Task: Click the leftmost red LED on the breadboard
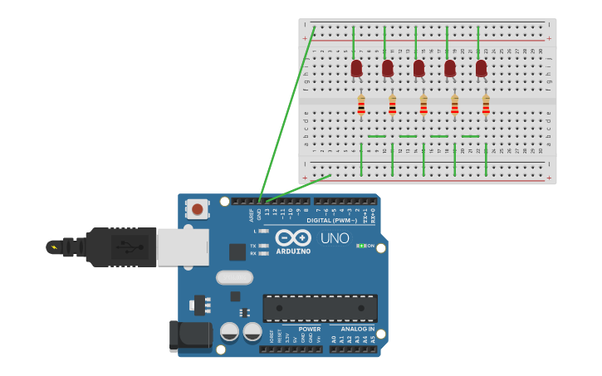(x=356, y=68)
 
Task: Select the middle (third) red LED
(x=418, y=68)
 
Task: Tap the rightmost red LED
(x=482, y=68)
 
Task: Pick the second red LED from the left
(x=388, y=68)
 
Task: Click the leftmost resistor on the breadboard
(x=361, y=105)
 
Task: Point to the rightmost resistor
(x=486, y=105)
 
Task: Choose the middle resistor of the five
(x=423, y=105)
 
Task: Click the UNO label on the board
(x=335, y=238)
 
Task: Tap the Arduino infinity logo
(x=292, y=237)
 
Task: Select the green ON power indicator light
(x=360, y=246)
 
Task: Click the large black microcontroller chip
(x=320, y=308)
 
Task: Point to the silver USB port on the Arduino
(x=183, y=247)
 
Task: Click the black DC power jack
(x=190, y=335)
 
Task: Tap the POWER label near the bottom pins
(x=310, y=329)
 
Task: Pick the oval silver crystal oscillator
(x=234, y=277)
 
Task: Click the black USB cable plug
(x=120, y=247)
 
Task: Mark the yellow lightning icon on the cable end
(x=55, y=247)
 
